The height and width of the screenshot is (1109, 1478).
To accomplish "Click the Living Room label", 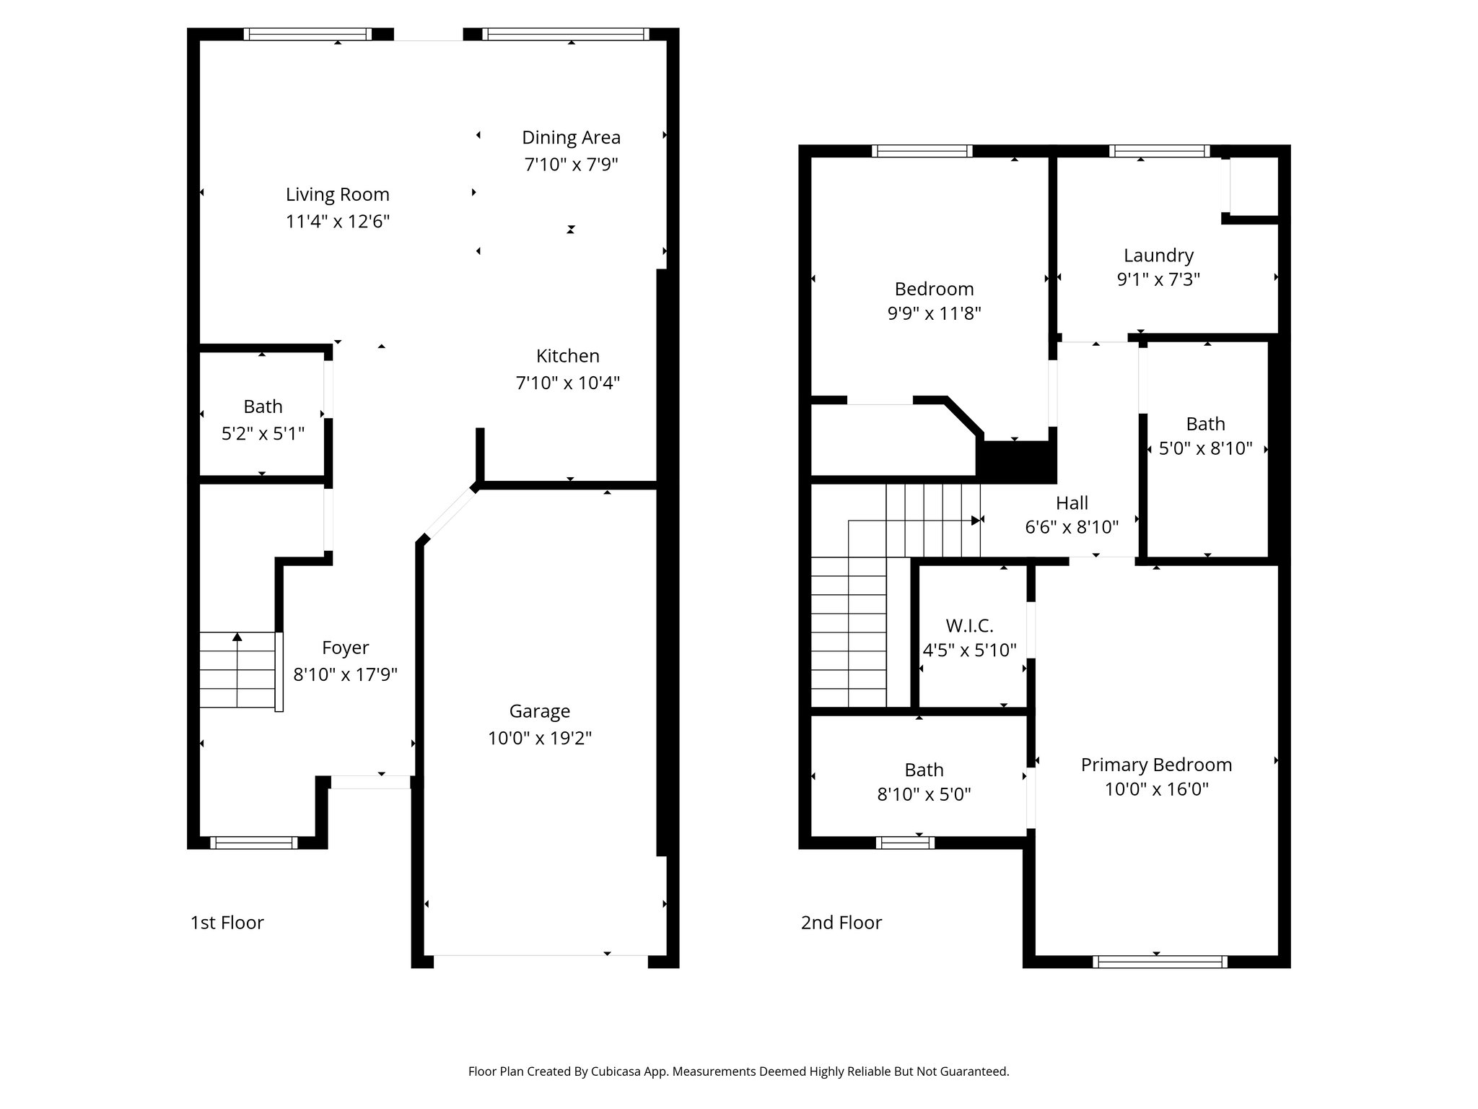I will (x=337, y=194).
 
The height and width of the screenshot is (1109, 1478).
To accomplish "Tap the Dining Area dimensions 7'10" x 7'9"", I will (x=571, y=165).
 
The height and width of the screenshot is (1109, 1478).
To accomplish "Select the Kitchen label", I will (x=567, y=356).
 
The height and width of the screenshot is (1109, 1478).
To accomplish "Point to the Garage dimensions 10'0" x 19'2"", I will (x=539, y=738).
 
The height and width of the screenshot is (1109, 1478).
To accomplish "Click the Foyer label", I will (x=345, y=648).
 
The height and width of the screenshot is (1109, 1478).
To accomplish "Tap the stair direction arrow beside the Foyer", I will (x=237, y=637).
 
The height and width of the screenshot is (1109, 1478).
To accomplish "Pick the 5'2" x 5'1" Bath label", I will (x=263, y=406).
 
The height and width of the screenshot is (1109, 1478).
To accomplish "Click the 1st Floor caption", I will (x=227, y=923).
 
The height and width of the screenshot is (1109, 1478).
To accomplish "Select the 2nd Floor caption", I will (x=841, y=923).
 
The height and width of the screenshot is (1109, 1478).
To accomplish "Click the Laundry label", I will (x=1158, y=255).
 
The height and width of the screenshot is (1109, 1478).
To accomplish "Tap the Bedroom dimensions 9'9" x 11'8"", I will (x=934, y=313).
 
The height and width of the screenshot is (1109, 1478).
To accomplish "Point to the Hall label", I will (x=1072, y=503).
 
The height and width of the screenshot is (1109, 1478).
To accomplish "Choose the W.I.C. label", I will (x=969, y=625).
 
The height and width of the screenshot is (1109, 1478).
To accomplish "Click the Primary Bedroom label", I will (x=1156, y=765).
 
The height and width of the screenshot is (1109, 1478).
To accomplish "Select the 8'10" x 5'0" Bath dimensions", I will (x=924, y=794).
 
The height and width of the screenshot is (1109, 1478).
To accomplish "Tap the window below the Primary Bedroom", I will (x=1160, y=961).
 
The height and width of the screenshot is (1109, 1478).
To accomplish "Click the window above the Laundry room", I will (x=1159, y=151).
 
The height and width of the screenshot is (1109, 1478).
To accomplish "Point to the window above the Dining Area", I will (x=566, y=34).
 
